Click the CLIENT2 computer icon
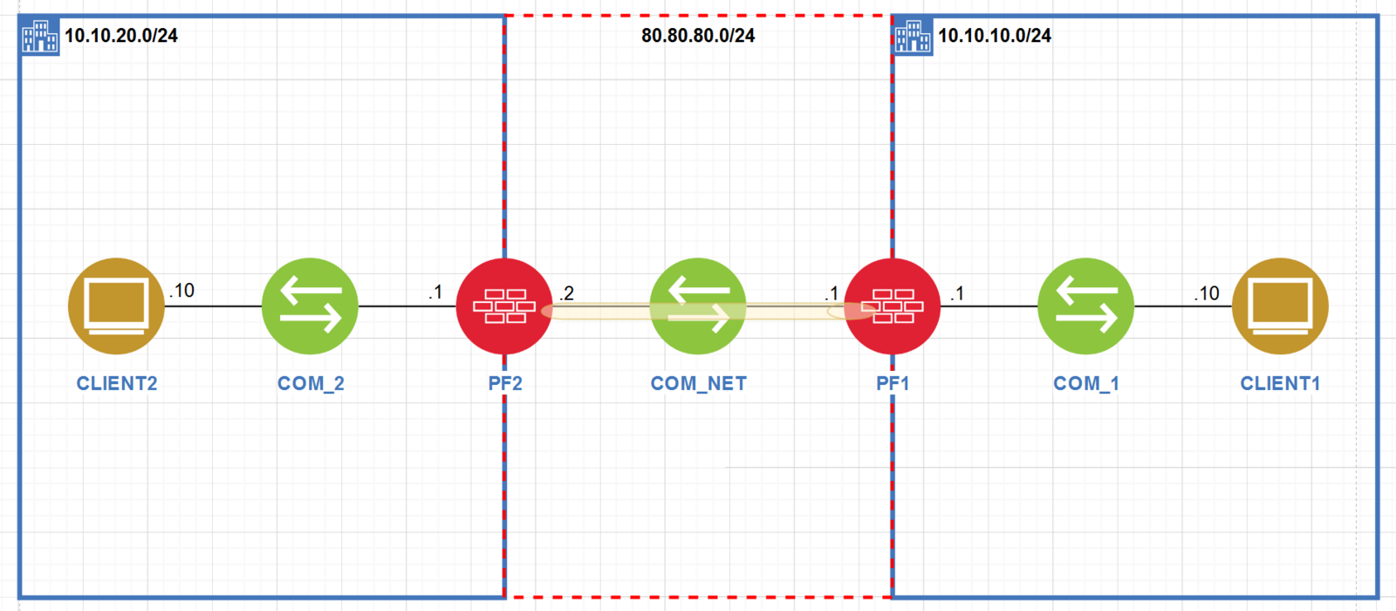(116, 305)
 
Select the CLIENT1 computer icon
(1280, 305)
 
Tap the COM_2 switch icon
(310, 305)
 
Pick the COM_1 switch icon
(1085, 305)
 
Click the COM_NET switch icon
(698, 305)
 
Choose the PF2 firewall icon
(503, 305)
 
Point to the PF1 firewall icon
(893, 305)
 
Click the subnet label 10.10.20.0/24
(121, 36)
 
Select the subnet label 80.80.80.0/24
(698, 36)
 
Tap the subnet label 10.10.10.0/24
(995, 36)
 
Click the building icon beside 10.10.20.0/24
(40, 37)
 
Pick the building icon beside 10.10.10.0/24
(914, 37)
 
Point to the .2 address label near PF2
(567, 293)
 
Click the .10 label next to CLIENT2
(182, 291)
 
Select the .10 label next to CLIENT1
(1208, 293)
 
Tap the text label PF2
(505, 383)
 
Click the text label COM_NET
(698, 383)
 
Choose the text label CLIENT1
(1280, 383)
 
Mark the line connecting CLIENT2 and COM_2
(213, 306)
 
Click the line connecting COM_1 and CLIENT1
(1182, 306)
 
